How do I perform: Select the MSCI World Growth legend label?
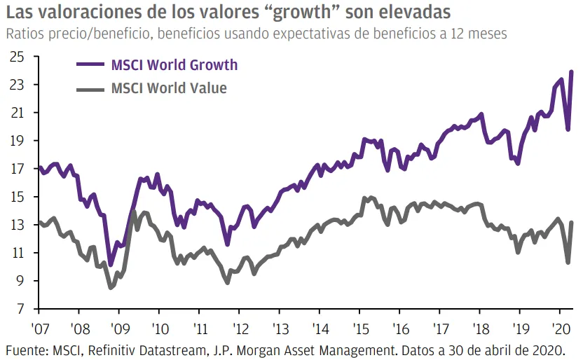coord(174,65)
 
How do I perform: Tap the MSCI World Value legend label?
coord(169,88)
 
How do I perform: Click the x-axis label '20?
coord(559,328)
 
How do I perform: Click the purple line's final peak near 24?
coord(572,71)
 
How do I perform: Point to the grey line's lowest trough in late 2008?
coord(111,287)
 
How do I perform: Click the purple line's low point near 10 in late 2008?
coord(111,265)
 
